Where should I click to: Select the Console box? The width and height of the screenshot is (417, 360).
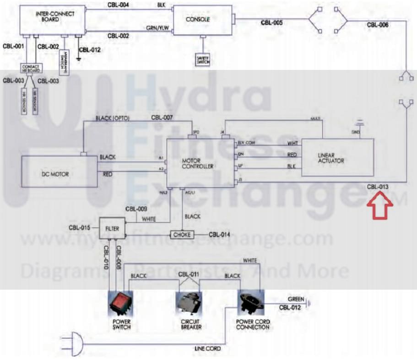(x=202, y=20)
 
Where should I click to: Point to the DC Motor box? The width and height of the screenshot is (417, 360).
(x=60, y=171)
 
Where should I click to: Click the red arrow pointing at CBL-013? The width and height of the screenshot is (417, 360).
(x=379, y=205)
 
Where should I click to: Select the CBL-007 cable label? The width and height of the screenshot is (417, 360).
(x=162, y=118)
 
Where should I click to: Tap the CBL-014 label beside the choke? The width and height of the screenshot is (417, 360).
(x=220, y=235)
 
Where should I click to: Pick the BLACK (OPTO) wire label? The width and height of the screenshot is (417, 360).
(x=113, y=118)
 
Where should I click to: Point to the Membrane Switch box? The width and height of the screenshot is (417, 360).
(x=64, y=62)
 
